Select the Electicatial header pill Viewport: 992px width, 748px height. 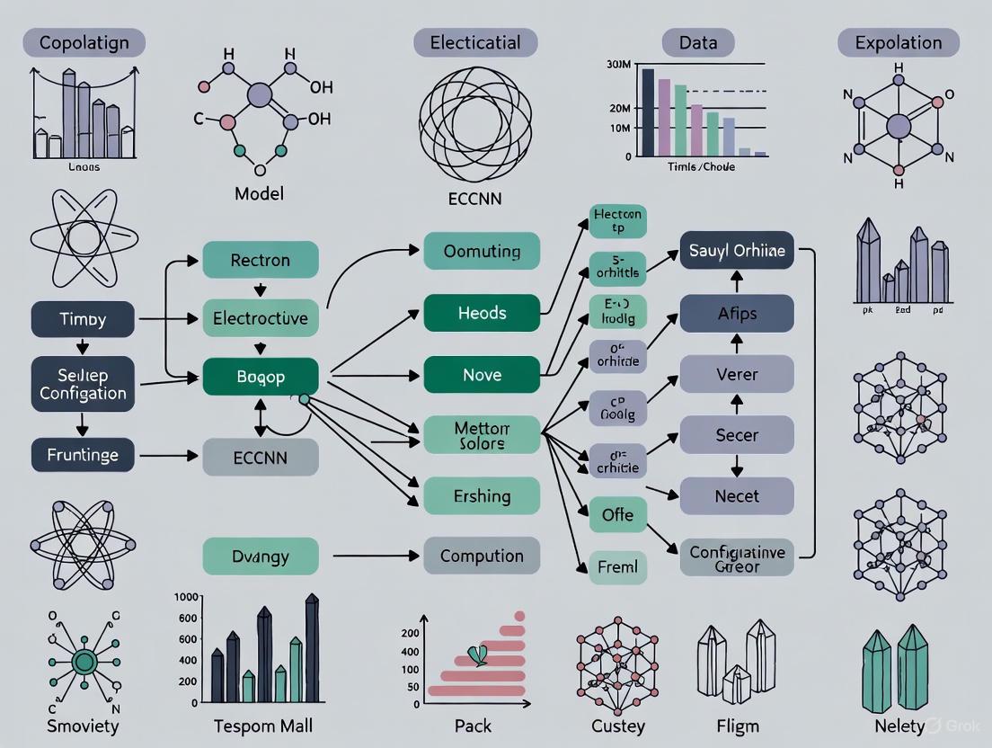coord(475,42)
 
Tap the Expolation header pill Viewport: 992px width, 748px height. coord(899,42)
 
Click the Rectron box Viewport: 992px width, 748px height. coord(261,260)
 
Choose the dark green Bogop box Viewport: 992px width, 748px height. coord(261,376)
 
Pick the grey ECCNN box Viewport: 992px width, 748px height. coord(261,457)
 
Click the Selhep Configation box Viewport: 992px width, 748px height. coord(83,384)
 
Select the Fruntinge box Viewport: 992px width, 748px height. coord(83,455)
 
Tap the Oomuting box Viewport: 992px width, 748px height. coord(482,252)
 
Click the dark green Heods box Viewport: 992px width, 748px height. coord(482,313)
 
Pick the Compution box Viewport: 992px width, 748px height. coord(482,556)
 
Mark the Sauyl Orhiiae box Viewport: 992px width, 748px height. coord(737,251)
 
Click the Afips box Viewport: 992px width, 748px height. coord(737,314)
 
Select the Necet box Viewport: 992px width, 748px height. coord(737,495)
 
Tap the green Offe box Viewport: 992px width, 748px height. coord(617,515)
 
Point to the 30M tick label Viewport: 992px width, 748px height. coord(619,64)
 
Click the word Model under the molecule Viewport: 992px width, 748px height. coord(259,193)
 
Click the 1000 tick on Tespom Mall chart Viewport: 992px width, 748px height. coord(185,598)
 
